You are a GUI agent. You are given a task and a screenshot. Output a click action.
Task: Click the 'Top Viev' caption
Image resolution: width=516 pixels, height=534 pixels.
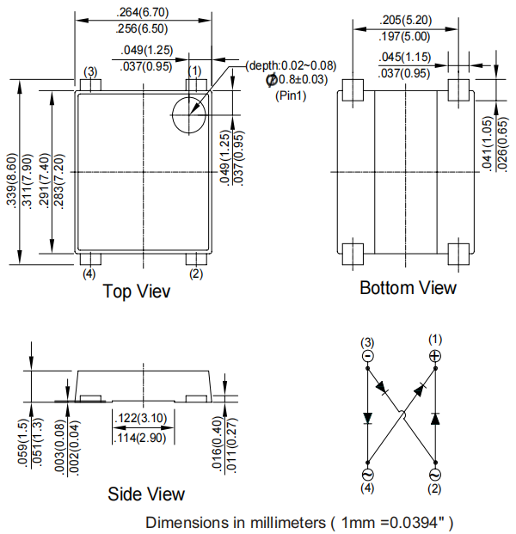[x=137, y=292]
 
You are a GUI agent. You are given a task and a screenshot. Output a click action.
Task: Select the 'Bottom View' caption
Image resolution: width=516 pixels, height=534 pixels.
[x=408, y=288]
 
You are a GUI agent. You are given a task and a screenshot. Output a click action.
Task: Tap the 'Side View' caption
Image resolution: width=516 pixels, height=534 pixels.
[x=146, y=494]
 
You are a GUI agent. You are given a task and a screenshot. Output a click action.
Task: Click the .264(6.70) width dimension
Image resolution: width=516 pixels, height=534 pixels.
[x=144, y=12]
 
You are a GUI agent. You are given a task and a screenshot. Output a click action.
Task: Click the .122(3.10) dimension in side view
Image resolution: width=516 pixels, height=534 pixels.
[x=143, y=417]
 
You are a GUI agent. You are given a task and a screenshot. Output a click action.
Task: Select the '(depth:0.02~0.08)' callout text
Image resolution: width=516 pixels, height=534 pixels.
[x=292, y=65]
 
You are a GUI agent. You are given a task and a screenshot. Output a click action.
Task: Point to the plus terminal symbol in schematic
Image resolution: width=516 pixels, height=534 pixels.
[x=434, y=355]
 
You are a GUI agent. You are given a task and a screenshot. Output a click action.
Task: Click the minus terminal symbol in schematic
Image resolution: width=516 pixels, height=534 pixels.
[x=367, y=355]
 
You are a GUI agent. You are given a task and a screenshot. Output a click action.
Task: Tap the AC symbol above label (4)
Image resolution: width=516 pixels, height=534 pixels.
[x=367, y=474]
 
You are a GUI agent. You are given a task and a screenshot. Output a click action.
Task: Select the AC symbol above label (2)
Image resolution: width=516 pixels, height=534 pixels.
[x=434, y=474]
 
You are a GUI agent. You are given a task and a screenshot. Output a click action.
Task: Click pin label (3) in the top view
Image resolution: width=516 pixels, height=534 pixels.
[x=90, y=71]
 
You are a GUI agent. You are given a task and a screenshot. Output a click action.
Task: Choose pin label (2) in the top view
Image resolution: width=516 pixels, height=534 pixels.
[x=195, y=273]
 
